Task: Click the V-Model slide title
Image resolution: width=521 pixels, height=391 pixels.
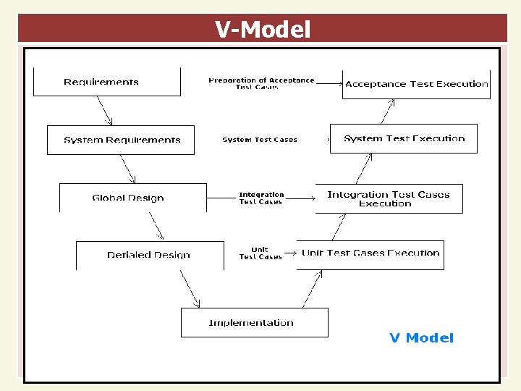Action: [x=262, y=30]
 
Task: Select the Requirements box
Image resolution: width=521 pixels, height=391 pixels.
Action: [x=106, y=82]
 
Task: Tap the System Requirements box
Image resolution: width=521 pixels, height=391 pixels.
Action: [x=121, y=140]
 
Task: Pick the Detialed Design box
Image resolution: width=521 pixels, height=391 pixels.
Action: [x=150, y=255]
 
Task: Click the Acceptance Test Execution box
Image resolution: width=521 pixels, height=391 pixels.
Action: [x=416, y=84]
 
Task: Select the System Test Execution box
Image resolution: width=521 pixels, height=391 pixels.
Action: [x=404, y=138]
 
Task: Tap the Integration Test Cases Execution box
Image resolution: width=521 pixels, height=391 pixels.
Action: [x=389, y=198]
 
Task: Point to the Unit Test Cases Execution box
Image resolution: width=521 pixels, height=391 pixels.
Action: [x=370, y=253]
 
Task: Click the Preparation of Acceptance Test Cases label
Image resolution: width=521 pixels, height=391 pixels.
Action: [x=261, y=83]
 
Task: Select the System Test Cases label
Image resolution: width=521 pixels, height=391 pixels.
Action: [x=260, y=140]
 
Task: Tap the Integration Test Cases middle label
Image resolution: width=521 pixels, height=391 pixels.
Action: [x=261, y=198]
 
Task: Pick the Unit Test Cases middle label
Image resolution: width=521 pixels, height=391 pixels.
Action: [x=260, y=253]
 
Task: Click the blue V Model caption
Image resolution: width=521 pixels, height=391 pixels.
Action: [x=421, y=337]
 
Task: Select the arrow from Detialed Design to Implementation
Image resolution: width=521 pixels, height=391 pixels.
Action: [x=189, y=288]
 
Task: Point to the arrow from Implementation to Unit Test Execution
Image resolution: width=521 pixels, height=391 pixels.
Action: [x=312, y=288]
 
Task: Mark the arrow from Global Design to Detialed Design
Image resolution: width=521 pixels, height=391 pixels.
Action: [x=156, y=225]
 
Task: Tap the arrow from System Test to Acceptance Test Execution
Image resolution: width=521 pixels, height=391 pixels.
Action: [x=386, y=112]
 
